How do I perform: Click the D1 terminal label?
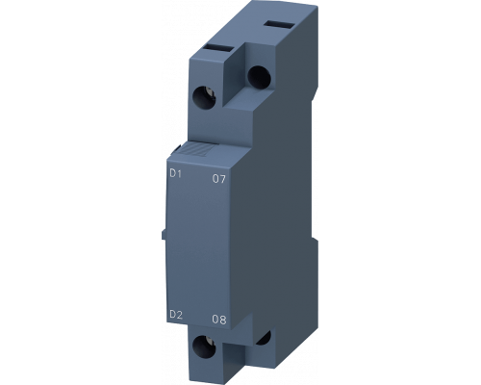pos(174,173)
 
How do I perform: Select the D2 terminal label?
pos(174,313)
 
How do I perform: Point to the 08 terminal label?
pos(218,318)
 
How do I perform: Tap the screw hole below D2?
pos(205,347)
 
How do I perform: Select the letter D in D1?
pos(171,173)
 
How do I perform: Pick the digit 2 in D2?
pos(178,313)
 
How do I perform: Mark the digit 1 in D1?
pos(178,173)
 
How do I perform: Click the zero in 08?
pos(215,318)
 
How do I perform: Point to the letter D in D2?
pos(171,313)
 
